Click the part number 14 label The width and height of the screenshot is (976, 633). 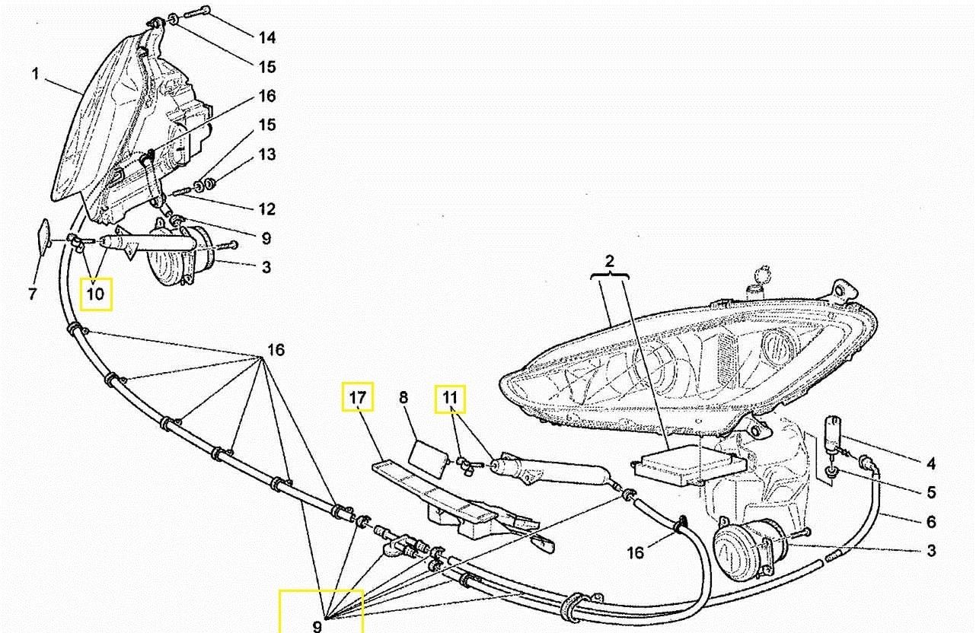coord(266,38)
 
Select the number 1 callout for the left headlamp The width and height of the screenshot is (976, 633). coord(36,75)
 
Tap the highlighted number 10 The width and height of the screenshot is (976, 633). coord(97,294)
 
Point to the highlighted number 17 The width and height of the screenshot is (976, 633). coord(358,396)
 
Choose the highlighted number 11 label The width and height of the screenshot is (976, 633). coord(450,396)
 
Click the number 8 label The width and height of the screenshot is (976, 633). coord(403,397)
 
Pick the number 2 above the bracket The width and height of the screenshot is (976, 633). coord(610,261)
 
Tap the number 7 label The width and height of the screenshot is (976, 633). coord(32,294)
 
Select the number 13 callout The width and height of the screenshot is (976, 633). coord(266,154)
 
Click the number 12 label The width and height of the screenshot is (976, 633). coord(266,209)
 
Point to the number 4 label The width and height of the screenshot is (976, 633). coord(931,463)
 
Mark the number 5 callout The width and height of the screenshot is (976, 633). coord(931,492)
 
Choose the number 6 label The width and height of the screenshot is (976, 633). coord(931,522)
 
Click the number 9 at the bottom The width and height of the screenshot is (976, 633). coord(317,627)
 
